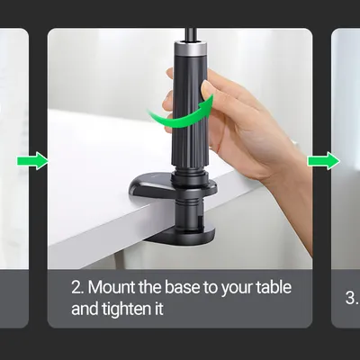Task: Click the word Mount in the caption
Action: click(112, 287)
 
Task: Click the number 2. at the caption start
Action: click(77, 287)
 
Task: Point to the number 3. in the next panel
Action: click(351, 298)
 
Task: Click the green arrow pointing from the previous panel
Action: click(32, 161)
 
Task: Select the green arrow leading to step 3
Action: click(324, 161)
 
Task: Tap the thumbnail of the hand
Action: click(207, 89)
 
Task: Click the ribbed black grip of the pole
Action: click(190, 111)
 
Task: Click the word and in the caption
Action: click(85, 309)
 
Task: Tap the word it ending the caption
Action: click(159, 309)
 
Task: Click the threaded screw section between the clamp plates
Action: click(189, 210)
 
